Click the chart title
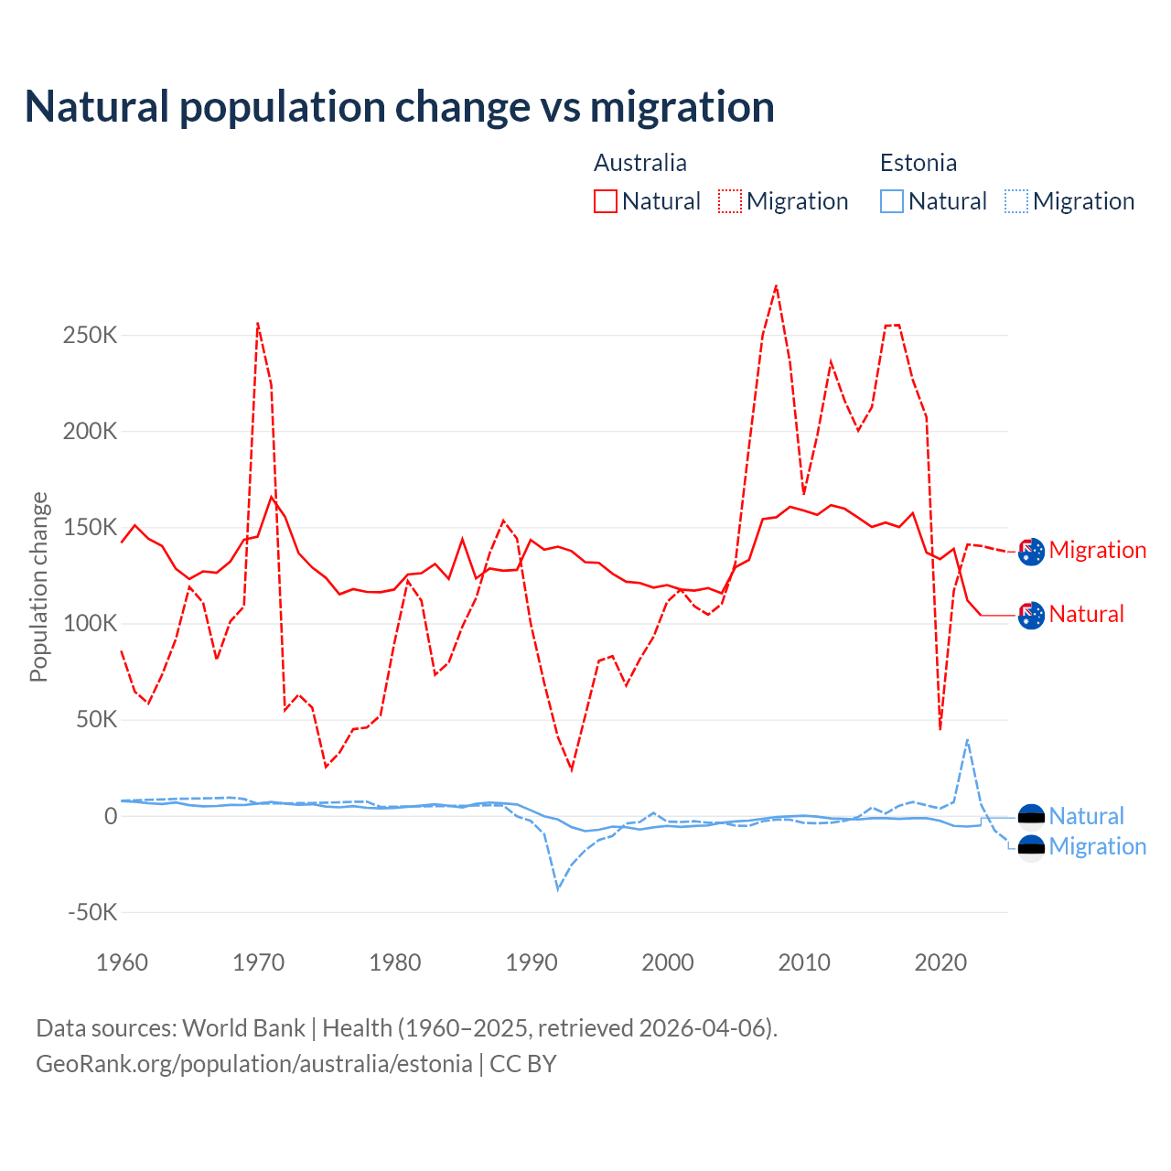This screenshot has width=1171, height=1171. [x=400, y=106]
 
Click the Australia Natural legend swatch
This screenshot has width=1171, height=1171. [x=606, y=201]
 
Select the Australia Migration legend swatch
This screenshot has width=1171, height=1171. [x=730, y=201]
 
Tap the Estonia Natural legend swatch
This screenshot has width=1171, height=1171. [x=892, y=201]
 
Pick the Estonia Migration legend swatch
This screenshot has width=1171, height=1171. [x=1016, y=201]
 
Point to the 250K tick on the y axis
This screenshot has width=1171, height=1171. [x=91, y=335]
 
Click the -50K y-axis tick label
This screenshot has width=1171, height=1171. [x=93, y=912]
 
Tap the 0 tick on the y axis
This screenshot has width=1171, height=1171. [x=111, y=816]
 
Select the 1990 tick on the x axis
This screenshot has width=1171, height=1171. [x=532, y=962]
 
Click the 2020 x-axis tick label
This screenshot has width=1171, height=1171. [x=940, y=962]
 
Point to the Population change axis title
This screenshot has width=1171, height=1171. [x=38, y=587]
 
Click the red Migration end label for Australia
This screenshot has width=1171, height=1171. [x=1097, y=550]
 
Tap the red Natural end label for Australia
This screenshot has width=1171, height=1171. [x=1086, y=614]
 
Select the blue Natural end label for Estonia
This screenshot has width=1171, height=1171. [x=1086, y=816]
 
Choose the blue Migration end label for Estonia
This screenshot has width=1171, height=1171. [x=1097, y=846]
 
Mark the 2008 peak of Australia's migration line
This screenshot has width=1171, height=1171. [x=776, y=285]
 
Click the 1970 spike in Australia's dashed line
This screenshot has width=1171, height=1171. [x=258, y=323]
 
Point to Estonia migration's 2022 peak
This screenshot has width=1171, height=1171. [x=967, y=739]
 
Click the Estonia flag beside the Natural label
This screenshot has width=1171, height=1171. [x=1031, y=816]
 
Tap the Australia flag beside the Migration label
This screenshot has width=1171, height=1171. [x=1031, y=552]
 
